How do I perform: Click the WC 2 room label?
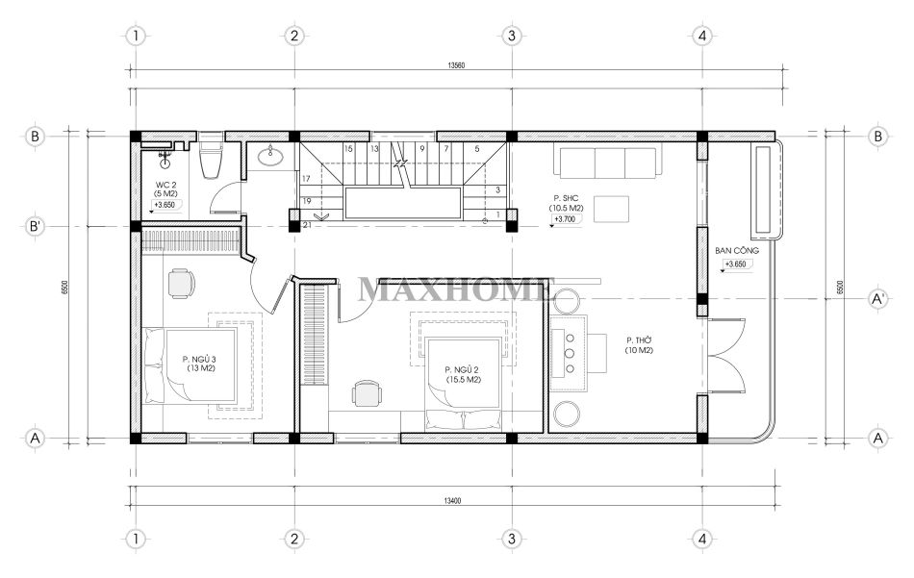tap(166, 188)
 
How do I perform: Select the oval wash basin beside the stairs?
tap(270, 155)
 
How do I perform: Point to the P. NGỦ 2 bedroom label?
tap(463, 375)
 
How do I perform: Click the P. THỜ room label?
tap(640, 345)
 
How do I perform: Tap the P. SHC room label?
tap(566, 203)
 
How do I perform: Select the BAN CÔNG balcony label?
tap(737, 251)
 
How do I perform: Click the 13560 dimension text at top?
tap(456, 65)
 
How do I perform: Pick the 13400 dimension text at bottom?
tap(452, 500)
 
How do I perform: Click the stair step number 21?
tap(307, 225)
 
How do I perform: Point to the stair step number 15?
tap(348, 149)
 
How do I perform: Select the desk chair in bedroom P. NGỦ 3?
tap(181, 283)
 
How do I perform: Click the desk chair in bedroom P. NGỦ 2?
tap(367, 393)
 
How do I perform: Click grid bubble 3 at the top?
tap(511, 36)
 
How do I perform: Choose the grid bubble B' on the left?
tap(36, 226)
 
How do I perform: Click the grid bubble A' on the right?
tap(877, 299)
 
